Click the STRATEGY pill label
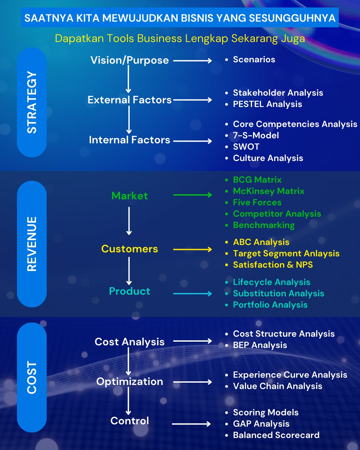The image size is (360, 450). pyautogui.click(x=32, y=102)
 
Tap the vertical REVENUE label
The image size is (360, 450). pyautogui.click(x=32, y=244)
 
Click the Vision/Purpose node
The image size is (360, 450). pyautogui.click(x=129, y=60)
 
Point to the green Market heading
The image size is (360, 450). pyautogui.click(x=129, y=196)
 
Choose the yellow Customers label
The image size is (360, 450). pyautogui.click(x=129, y=249)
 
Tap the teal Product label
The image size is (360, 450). pyautogui.click(x=129, y=291)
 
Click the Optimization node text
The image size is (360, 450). pyautogui.click(x=129, y=382)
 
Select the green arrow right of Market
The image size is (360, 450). pyautogui.click(x=192, y=195)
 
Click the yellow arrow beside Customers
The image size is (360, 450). pyautogui.click(x=192, y=249)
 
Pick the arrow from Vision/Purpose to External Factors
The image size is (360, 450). pyautogui.click(x=128, y=79)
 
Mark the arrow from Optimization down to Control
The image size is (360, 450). pyautogui.click(x=128, y=401)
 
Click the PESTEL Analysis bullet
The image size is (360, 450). pyautogui.click(x=267, y=104)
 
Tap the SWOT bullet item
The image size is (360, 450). pyautogui.click(x=246, y=147)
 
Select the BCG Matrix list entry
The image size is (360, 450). pyautogui.click(x=257, y=180)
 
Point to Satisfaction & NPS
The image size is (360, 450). pyautogui.click(x=273, y=265)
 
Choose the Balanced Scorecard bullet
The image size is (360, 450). pyautogui.click(x=276, y=435)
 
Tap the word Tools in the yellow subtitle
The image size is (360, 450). pyautogui.click(x=120, y=38)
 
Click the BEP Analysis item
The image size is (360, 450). pyautogui.click(x=260, y=345)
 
